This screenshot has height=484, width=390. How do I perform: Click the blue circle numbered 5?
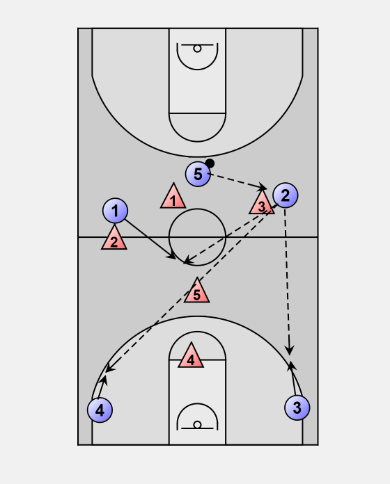pos(198,174)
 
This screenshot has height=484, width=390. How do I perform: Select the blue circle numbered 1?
pos(115,211)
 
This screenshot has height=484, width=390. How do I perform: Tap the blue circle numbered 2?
pos(286,195)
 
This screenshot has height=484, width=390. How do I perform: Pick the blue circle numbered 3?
pos(297,408)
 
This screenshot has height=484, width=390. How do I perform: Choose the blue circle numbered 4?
pos(100,410)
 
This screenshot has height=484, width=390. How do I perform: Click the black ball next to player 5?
pos(210,163)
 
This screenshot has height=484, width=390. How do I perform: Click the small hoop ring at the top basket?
pos(197,49)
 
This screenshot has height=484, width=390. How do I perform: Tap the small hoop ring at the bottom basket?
pos(197,425)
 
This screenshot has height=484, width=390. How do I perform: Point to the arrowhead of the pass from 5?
pos(263,187)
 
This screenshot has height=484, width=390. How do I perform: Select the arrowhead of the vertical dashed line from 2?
pos(289,351)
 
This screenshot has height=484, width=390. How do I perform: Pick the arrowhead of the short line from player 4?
pos(104,380)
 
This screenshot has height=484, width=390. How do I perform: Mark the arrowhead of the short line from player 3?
pos(291,366)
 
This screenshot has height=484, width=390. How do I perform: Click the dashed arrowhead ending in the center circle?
pos(187,261)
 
